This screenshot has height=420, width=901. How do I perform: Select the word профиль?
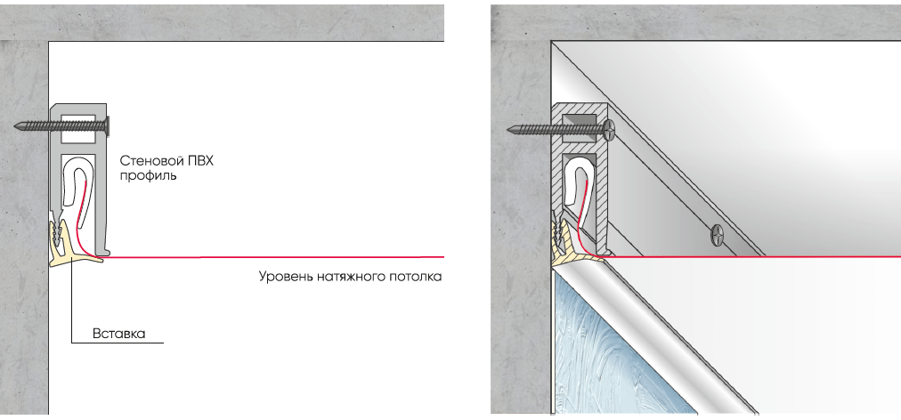click(x=148, y=176)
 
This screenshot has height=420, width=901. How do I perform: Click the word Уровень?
click(x=286, y=277)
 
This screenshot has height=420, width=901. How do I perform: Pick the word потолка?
click(x=416, y=277)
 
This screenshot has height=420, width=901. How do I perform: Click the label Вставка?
click(x=119, y=334)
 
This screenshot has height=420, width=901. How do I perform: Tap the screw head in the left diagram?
click(x=107, y=125)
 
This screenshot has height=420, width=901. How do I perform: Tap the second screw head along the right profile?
click(x=717, y=234)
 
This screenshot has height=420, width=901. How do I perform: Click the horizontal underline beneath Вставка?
click(x=118, y=343)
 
